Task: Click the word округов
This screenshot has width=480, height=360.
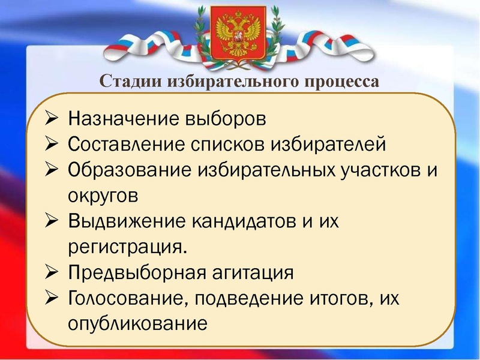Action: pos(103,196)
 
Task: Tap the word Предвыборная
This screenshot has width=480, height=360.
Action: pos(138,273)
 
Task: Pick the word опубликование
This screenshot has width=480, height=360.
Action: pos(137,325)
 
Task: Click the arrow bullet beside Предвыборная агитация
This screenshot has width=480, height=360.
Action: pos(52,272)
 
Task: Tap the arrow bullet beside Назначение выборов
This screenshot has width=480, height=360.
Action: pos(52,117)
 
